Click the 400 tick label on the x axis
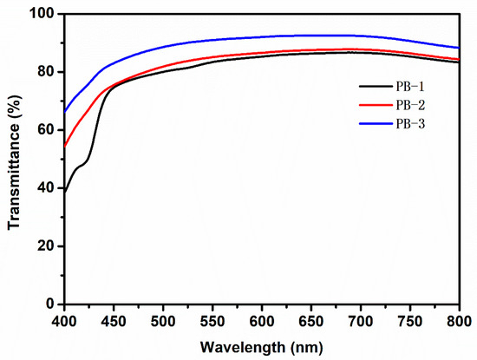tap(64, 319)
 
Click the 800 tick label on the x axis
tap(458, 319)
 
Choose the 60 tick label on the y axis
tap(49, 130)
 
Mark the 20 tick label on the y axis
tap(49, 246)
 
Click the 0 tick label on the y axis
tap(52, 304)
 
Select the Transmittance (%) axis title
tap(15, 160)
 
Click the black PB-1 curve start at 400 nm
tap(65, 191)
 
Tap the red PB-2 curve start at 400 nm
tap(65, 146)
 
